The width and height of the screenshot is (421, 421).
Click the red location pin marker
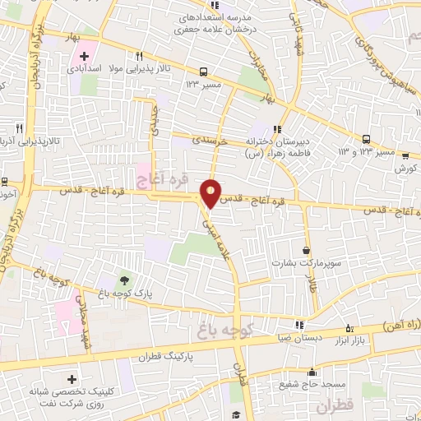click(x=211, y=193)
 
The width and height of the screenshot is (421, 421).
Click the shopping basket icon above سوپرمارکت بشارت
click(x=307, y=250)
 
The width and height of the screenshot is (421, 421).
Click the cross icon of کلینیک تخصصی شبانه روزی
click(x=72, y=380)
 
